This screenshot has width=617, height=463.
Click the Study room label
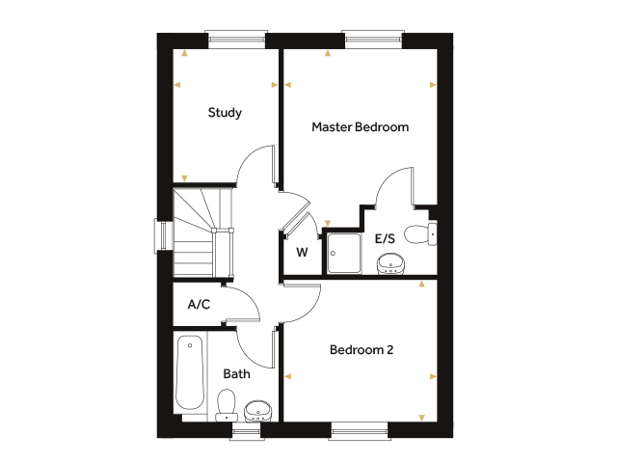225,113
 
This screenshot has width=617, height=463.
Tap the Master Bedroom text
360,126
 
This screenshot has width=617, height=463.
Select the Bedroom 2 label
362,349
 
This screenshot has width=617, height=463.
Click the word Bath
236,373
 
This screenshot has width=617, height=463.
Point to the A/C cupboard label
199,305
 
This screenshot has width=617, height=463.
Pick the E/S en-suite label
385,238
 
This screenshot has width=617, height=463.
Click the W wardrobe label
302,252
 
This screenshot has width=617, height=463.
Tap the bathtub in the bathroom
190,372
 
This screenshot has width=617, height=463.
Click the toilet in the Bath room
227,405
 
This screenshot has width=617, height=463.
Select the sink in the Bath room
257,411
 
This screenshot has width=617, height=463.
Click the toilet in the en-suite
420,234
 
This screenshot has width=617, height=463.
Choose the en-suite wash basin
390,263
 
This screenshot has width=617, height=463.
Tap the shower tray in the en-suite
344,253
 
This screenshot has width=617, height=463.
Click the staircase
203,232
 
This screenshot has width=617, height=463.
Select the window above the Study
236,39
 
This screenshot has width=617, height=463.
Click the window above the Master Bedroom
373,39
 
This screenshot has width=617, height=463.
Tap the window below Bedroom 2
360,431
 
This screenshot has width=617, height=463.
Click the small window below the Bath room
247,431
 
